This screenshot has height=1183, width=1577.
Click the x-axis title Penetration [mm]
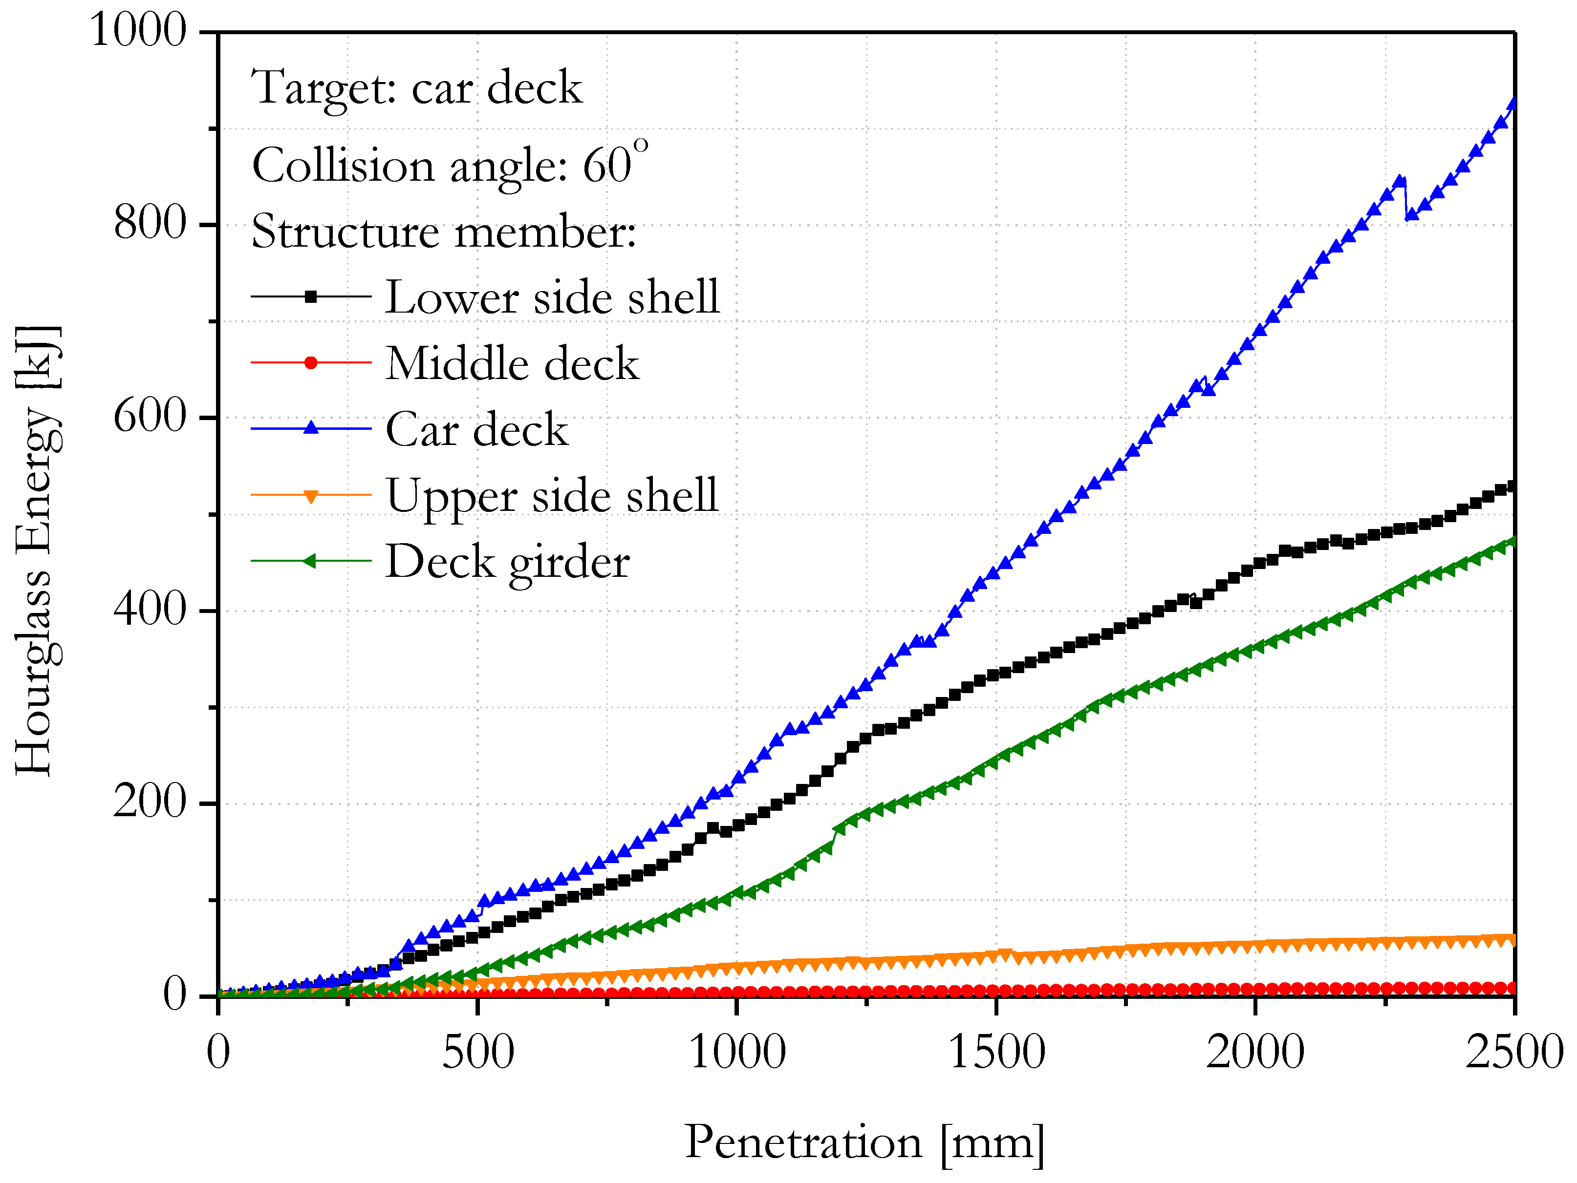[x=864, y=1142]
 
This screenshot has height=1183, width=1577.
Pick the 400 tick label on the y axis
[x=150, y=610]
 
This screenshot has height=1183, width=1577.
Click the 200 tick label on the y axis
[x=150, y=803]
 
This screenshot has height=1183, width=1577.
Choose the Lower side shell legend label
[x=553, y=297]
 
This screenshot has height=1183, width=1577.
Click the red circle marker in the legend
[x=311, y=363]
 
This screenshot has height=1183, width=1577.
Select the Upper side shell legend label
[x=553, y=495]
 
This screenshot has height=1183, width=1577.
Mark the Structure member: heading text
[x=443, y=232]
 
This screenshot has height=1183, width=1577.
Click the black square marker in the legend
[x=311, y=296]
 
